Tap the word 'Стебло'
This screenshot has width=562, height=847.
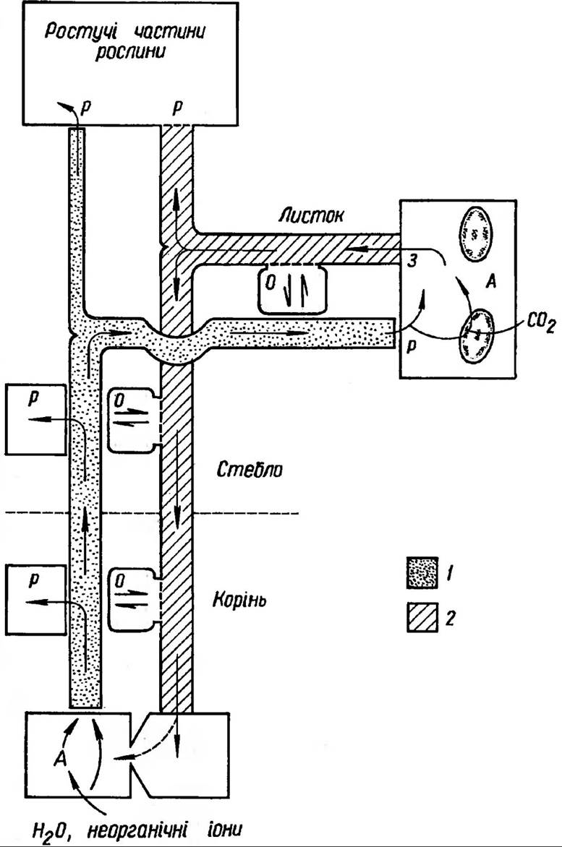coord(249,470)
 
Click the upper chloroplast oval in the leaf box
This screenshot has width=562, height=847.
coord(474,233)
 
